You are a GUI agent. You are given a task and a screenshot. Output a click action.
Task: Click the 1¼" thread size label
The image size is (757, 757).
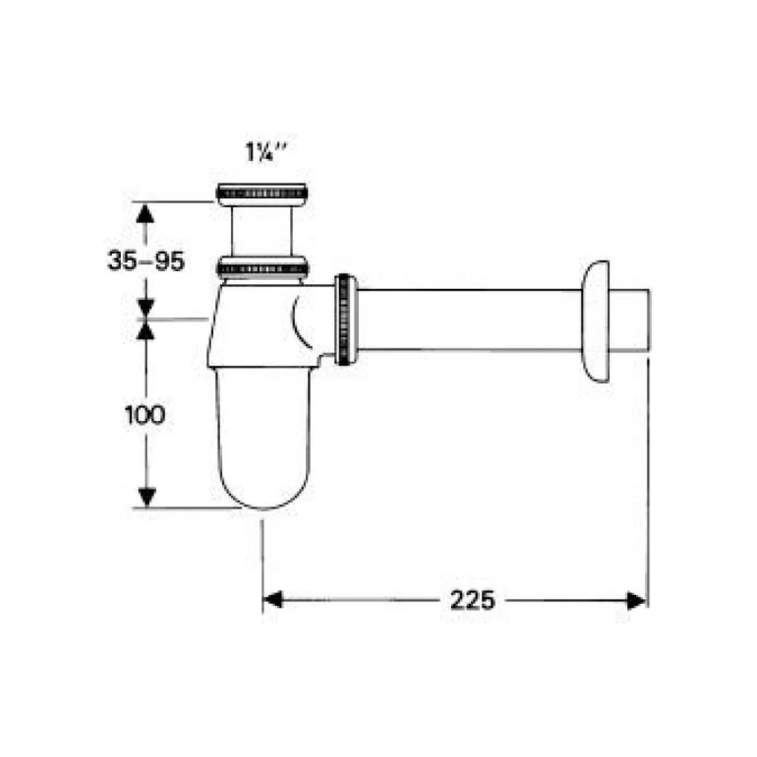[266, 153]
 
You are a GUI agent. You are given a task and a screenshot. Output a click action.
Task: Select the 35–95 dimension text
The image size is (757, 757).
[146, 261]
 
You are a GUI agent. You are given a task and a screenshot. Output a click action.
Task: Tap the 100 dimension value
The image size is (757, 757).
[145, 415]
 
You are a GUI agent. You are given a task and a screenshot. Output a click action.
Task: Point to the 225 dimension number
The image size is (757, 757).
[472, 600]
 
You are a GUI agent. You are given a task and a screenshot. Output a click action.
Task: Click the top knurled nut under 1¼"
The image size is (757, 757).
[262, 195]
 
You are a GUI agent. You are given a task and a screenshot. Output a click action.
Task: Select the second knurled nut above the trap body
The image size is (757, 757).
[262, 269]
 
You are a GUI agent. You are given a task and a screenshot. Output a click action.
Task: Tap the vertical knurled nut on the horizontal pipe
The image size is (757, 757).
[346, 319]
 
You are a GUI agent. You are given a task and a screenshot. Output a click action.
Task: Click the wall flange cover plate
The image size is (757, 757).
[596, 322]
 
